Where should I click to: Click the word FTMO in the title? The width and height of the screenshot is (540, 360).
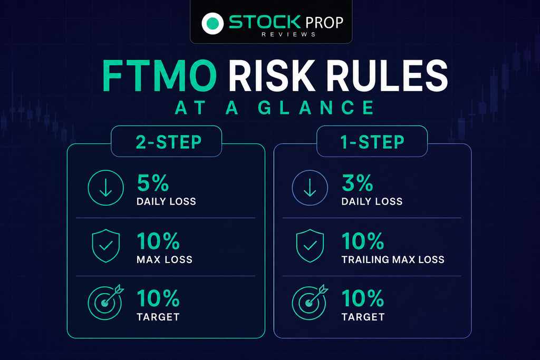159,76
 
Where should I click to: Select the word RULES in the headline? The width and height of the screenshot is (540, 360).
387,76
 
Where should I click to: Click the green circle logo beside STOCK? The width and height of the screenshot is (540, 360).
213,23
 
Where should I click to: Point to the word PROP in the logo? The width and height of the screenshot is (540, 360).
324,23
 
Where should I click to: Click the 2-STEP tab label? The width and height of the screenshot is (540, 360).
169,142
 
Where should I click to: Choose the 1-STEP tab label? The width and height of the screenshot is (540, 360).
372,142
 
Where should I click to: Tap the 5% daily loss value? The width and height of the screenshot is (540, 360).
153,183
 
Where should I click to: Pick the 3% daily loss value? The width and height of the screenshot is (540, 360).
358,183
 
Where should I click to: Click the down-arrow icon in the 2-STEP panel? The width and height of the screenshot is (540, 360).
105,188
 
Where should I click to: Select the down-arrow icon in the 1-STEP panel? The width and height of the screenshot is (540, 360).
310,188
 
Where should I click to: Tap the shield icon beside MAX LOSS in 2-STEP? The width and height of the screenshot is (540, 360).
105,246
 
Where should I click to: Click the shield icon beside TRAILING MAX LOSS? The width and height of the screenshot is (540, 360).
310,246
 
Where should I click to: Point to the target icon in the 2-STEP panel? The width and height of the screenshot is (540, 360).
105,303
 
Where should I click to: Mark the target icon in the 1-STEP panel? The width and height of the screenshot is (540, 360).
310,303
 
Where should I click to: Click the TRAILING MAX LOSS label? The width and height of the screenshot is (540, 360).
393,259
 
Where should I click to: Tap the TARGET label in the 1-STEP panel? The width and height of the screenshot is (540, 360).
363,317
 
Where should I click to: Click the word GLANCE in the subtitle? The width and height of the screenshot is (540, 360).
316,108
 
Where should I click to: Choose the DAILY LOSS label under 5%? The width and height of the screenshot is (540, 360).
166,201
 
